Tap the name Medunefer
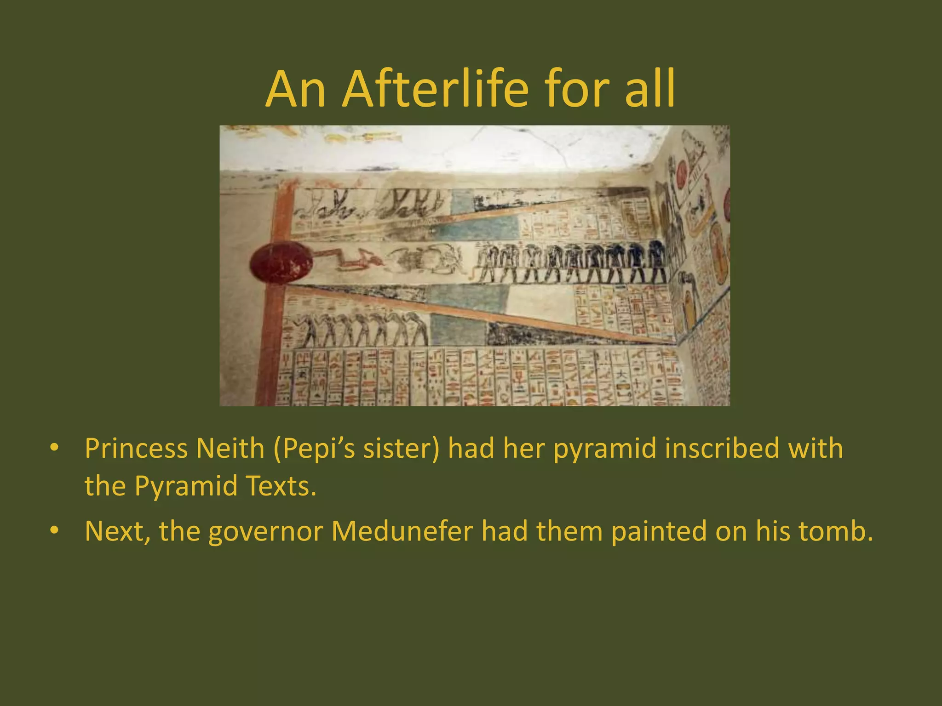tap(402, 531)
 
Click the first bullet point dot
tap(55, 447)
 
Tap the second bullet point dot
tap(55, 530)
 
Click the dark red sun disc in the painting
tap(281, 262)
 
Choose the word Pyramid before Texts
tap(186, 487)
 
